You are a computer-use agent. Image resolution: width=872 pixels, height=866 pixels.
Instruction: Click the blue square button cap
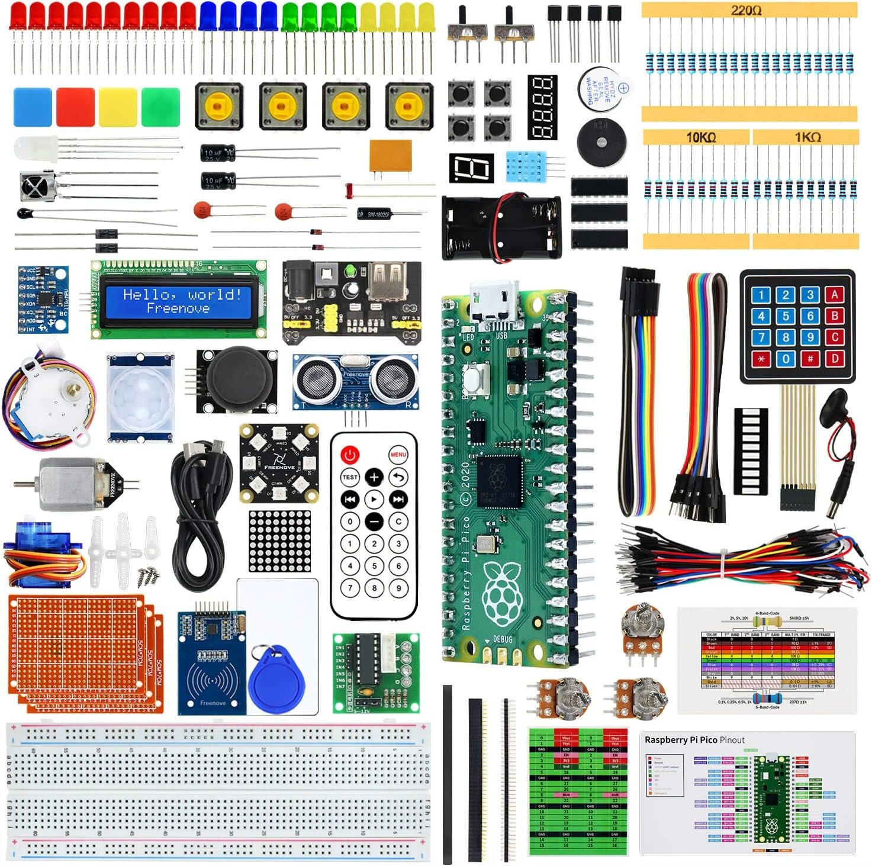(33, 107)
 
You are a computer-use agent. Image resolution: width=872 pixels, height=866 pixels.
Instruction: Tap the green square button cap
(160, 107)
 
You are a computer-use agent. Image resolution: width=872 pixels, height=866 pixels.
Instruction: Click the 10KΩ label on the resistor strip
(701, 137)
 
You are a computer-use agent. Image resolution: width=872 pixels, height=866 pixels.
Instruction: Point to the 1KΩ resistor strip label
(807, 137)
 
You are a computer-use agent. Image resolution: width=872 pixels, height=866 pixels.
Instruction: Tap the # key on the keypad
(810, 358)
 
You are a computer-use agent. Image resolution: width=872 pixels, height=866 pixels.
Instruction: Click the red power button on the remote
(350, 455)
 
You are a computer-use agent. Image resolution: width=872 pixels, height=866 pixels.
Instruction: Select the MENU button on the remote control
(398, 455)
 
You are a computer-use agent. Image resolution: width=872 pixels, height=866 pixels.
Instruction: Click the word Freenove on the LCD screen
(178, 308)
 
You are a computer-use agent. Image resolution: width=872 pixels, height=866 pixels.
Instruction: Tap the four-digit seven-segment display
(542, 107)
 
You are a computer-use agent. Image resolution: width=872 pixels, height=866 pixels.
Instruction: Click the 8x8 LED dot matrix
(279, 541)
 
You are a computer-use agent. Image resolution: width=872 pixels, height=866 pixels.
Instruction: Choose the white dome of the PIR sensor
(140, 397)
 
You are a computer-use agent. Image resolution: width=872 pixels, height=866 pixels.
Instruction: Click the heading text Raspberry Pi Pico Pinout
(694, 740)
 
